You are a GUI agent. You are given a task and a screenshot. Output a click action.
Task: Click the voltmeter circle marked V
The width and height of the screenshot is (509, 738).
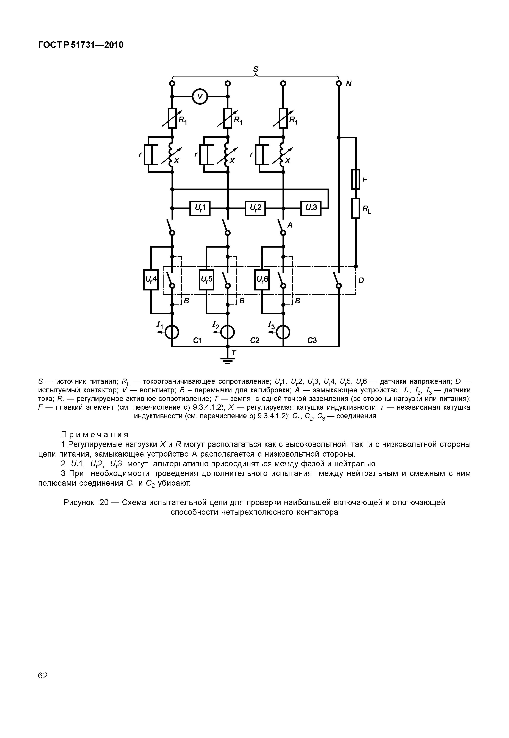point(200,96)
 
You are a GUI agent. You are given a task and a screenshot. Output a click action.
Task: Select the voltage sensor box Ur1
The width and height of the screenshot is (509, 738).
point(200,208)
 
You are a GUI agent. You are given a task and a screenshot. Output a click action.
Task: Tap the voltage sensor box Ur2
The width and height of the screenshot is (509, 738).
point(255,208)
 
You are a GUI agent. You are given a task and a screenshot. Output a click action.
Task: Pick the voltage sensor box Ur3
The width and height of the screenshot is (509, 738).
point(311,208)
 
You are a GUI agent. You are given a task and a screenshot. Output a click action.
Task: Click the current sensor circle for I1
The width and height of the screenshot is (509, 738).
point(172,333)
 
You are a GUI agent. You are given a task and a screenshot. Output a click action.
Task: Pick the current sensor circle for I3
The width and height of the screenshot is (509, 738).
point(283,333)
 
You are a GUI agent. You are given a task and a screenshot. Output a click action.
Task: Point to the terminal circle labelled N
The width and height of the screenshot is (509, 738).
point(339,84)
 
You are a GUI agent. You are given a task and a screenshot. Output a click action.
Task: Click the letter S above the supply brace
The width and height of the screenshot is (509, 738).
point(255,69)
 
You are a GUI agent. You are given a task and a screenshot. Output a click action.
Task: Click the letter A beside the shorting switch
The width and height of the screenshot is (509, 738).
point(290,225)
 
